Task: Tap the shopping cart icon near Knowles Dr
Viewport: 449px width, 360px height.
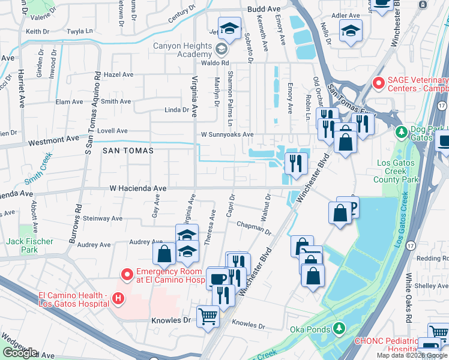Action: [208, 316]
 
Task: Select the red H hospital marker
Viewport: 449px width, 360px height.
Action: [118, 298]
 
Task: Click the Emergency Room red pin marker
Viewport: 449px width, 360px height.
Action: [127, 275]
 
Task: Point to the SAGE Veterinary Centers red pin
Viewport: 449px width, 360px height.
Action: [378, 83]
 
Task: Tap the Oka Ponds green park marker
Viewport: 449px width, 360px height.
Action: [340, 328]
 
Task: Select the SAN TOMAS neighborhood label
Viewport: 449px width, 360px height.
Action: [127, 151]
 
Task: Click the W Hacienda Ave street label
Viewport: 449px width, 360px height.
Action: [137, 188]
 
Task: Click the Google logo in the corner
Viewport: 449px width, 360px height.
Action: [20, 352]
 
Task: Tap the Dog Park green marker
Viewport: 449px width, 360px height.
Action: [400, 131]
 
